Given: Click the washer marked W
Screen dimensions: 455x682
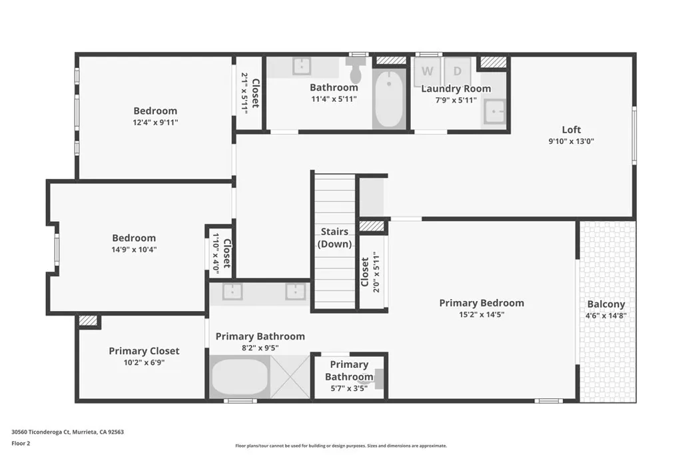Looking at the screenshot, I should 428,71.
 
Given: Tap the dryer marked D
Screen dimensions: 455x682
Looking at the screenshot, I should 458,71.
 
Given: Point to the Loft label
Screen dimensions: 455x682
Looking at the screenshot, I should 571,130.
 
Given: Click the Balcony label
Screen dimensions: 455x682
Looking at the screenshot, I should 605,304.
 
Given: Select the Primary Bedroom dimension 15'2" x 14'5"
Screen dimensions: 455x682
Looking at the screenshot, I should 482,314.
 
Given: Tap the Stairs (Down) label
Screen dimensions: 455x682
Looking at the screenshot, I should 334,238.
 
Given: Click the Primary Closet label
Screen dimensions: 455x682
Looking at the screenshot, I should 144,351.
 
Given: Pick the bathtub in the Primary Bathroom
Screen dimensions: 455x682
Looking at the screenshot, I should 240,377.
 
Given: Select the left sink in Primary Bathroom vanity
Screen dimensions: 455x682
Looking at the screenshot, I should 232,292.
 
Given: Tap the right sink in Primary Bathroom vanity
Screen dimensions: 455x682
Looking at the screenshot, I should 295,292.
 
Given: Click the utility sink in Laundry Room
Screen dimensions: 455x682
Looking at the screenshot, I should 494,111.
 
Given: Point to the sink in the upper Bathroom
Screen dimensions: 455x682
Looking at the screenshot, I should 302,66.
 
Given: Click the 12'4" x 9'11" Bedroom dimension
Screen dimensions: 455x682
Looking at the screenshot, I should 155,123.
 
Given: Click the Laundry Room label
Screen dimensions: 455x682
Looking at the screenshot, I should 456,89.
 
